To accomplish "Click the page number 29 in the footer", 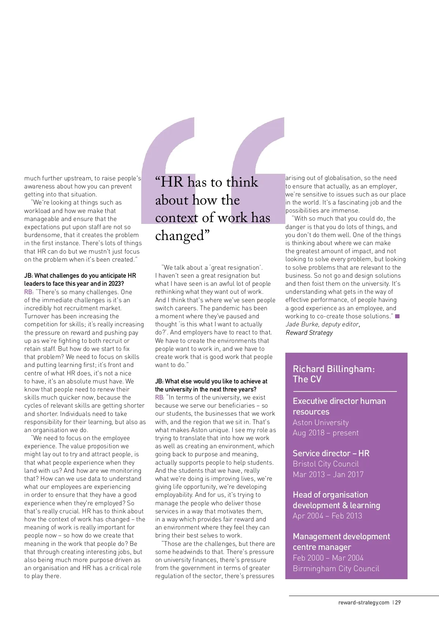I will click(x=398, y=603).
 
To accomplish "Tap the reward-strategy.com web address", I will click(x=364, y=603).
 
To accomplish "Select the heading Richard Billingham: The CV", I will click(x=334, y=374).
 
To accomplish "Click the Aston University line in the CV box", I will click(x=320, y=422).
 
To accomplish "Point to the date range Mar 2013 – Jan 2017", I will click(x=328, y=475).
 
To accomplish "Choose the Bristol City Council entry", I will click(x=326, y=464).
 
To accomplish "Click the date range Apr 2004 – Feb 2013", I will click(x=327, y=516).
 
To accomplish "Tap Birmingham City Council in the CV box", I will click(x=336, y=569).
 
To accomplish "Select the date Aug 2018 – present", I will click(x=326, y=433).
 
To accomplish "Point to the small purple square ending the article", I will click(x=397, y=316).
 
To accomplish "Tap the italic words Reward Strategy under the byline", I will click(x=309, y=333).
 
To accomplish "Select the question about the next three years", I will click(x=211, y=385).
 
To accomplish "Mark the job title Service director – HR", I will click(x=331, y=453).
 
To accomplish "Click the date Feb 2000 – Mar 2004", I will click(x=328, y=558).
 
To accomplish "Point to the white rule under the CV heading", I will click(x=345, y=391).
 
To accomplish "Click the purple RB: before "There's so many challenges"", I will click(x=29, y=292).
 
